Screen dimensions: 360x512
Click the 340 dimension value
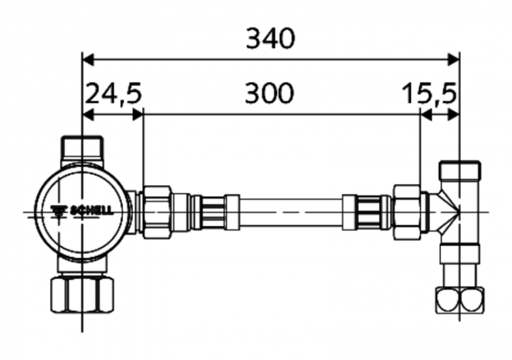point(270,39)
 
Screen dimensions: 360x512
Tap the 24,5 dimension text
point(113,94)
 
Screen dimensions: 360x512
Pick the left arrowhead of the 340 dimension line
point(87,59)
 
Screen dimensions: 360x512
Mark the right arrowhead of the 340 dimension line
point(453,59)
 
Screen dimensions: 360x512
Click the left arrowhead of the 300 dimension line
point(148,114)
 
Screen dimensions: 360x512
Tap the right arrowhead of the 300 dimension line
point(414,114)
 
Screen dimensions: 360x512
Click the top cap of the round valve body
point(82,148)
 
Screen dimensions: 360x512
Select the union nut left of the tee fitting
point(408,212)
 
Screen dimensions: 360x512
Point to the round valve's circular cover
point(82,212)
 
